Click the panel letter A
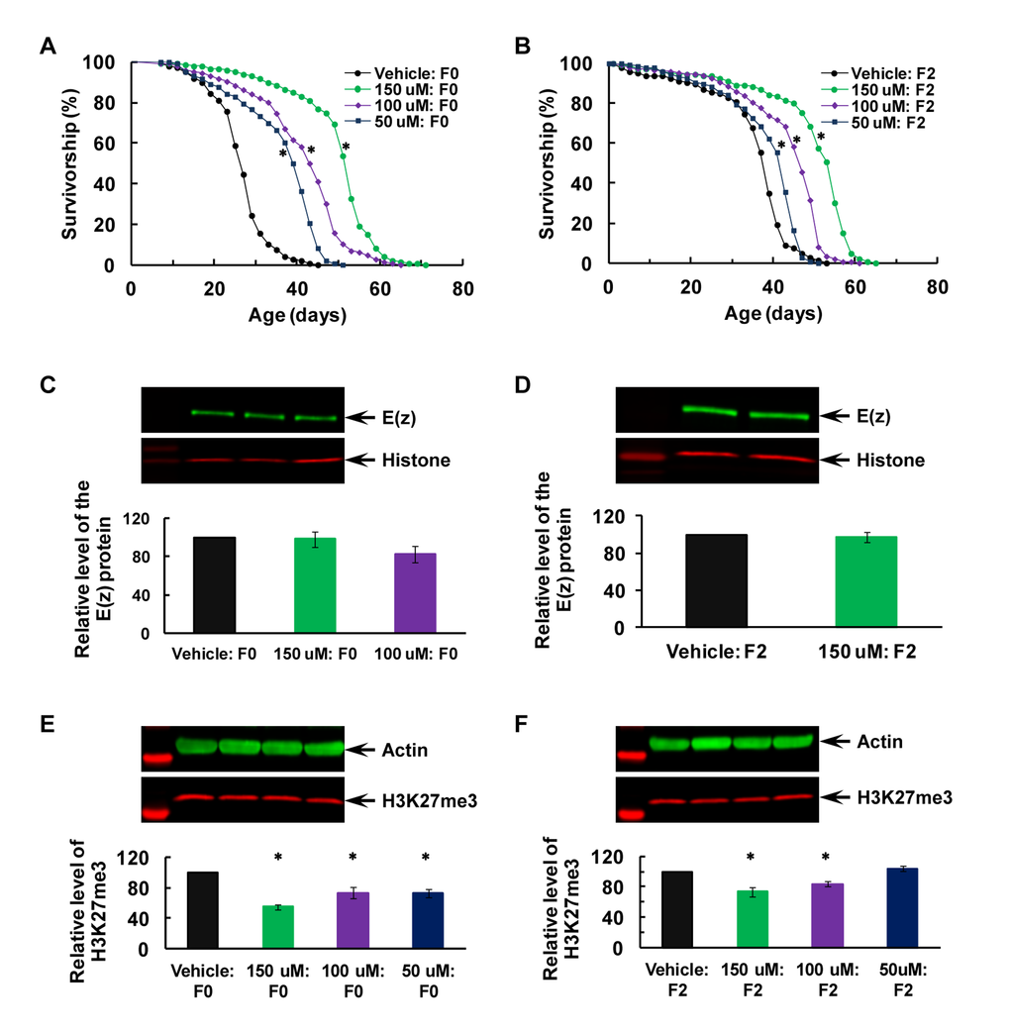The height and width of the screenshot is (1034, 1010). coord(47,46)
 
